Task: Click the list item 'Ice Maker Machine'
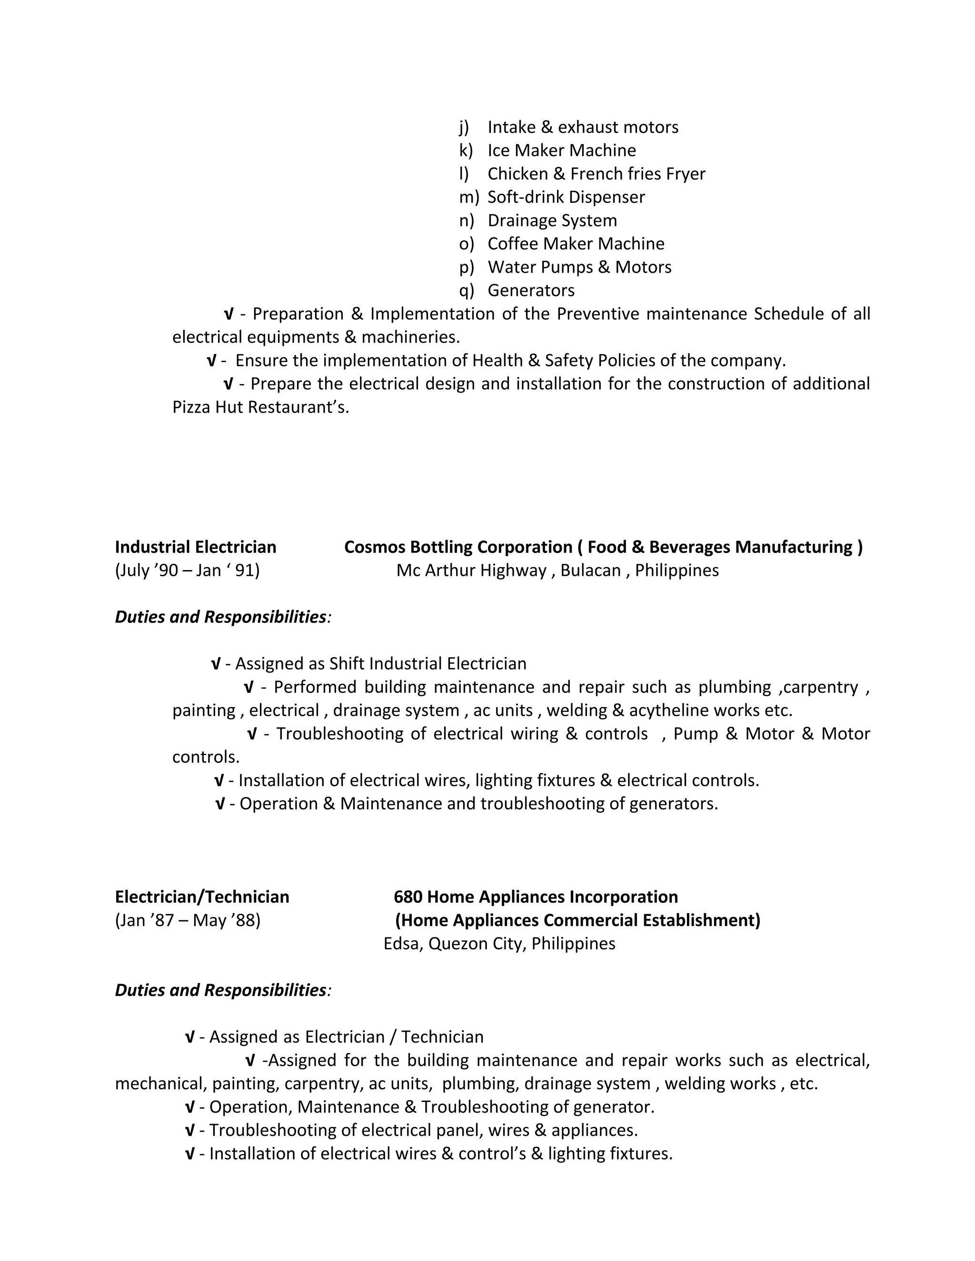(x=561, y=150)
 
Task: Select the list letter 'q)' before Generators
(x=466, y=290)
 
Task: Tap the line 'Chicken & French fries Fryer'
(x=596, y=174)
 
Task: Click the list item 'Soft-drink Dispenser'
(x=566, y=197)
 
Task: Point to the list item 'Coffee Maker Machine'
(x=576, y=244)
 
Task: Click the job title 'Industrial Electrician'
(x=195, y=547)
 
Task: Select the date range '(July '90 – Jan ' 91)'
(x=187, y=571)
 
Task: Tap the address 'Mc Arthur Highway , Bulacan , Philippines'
(x=557, y=571)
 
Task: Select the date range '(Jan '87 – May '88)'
(x=188, y=920)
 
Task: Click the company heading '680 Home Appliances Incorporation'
(x=536, y=896)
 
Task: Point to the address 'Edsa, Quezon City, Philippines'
(x=499, y=944)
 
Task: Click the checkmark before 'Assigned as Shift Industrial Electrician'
(x=216, y=664)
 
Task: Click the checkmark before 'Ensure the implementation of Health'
(x=211, y=361)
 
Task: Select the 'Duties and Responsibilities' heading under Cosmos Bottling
(x=220, y=617)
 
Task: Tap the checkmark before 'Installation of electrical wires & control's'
(x=189, y=1153)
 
